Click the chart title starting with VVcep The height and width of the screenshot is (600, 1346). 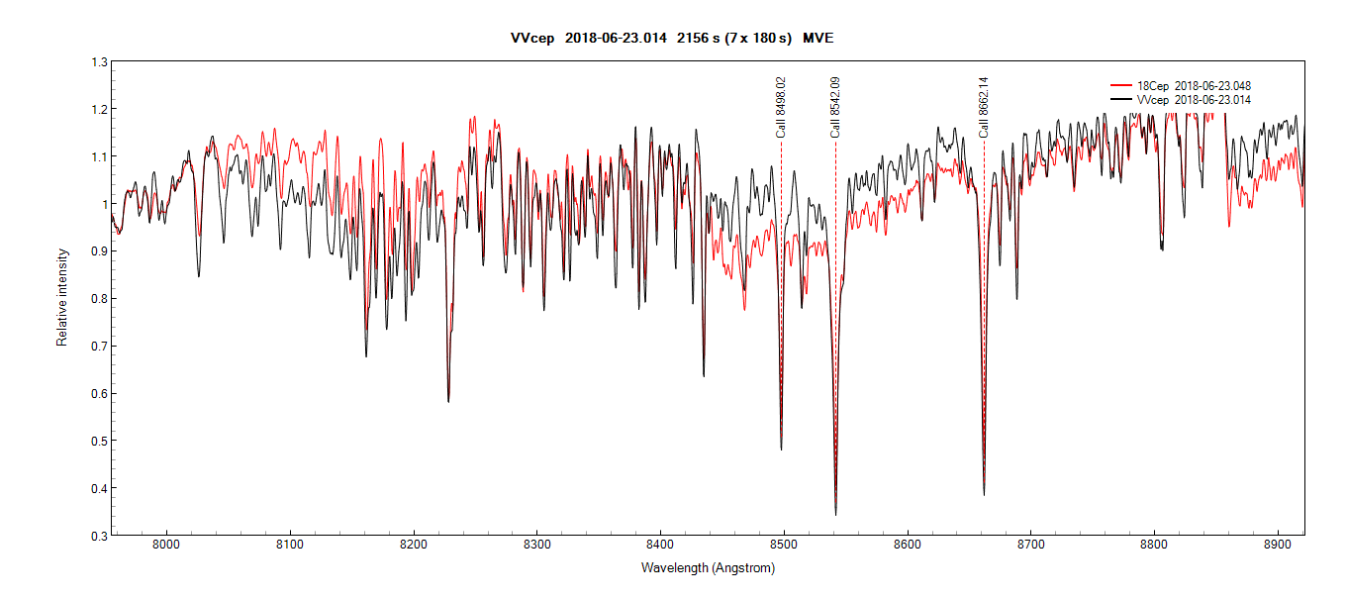672,38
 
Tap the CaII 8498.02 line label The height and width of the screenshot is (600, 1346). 781,107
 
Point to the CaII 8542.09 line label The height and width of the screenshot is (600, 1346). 835,107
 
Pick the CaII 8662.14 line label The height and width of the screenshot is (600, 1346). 984,107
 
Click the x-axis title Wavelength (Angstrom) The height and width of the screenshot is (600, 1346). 708,568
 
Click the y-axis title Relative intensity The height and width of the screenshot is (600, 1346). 62,297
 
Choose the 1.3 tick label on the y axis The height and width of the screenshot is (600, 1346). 99,61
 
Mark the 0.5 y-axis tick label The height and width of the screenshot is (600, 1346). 99,441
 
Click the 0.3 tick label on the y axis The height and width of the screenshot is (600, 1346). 99,536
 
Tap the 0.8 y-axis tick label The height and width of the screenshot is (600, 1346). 99,299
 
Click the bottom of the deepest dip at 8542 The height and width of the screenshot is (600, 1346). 835,514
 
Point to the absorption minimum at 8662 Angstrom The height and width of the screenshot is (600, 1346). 984,494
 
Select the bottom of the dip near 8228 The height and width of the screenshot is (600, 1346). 448,400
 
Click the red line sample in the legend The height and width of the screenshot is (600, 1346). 1121,86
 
